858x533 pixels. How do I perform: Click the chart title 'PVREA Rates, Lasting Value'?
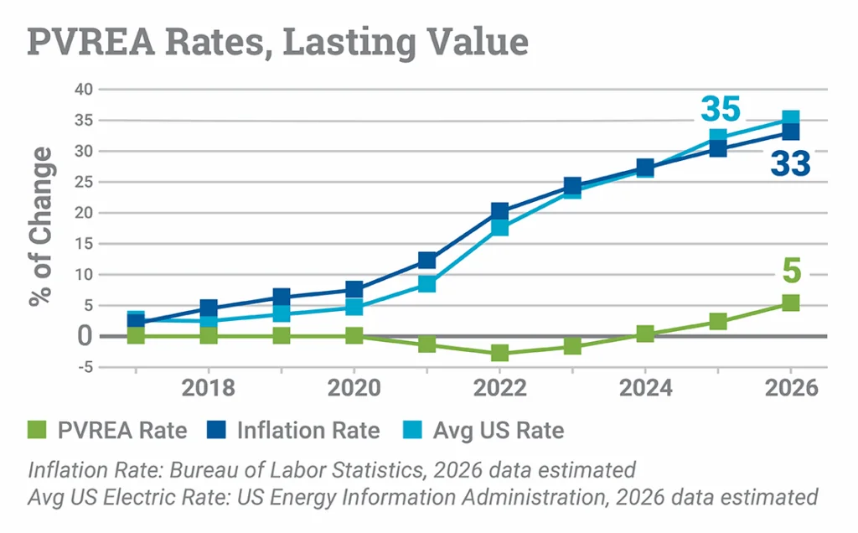[278, 41]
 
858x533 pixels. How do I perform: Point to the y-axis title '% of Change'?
[41, 226]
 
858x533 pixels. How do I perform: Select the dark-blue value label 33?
[790, 163]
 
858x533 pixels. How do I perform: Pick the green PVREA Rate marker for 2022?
[499, 353]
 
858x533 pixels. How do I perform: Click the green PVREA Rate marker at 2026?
[790, 303]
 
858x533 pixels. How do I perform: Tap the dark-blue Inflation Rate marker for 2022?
[499, 211]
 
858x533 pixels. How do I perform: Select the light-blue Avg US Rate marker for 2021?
[426, 283]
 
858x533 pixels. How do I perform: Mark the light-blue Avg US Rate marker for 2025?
[718, 137]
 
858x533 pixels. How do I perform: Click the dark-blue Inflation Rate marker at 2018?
[209, 309]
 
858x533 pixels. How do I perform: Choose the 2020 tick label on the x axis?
[354, 389]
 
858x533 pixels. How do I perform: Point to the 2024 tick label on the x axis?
[644, 389]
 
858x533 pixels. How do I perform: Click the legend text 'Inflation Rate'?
[308, 431]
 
